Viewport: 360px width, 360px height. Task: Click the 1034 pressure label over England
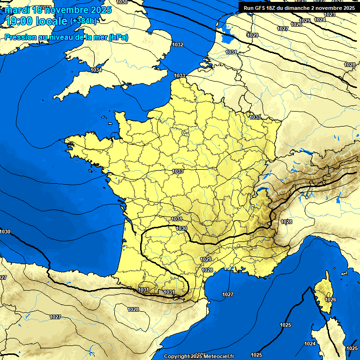96,70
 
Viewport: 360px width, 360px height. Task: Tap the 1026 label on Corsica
330,299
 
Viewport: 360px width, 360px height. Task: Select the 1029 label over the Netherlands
253,35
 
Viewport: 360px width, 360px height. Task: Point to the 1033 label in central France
178,171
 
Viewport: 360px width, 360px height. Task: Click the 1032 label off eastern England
178,45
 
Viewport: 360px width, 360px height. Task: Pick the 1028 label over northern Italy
286,222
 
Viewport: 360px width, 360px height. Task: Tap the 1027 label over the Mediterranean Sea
228,294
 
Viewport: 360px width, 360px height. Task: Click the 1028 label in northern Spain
133,309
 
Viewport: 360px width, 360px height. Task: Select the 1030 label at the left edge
5,232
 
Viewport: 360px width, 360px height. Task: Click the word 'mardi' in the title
17,10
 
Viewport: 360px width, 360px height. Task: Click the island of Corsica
324,293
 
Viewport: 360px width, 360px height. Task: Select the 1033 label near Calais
180,75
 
